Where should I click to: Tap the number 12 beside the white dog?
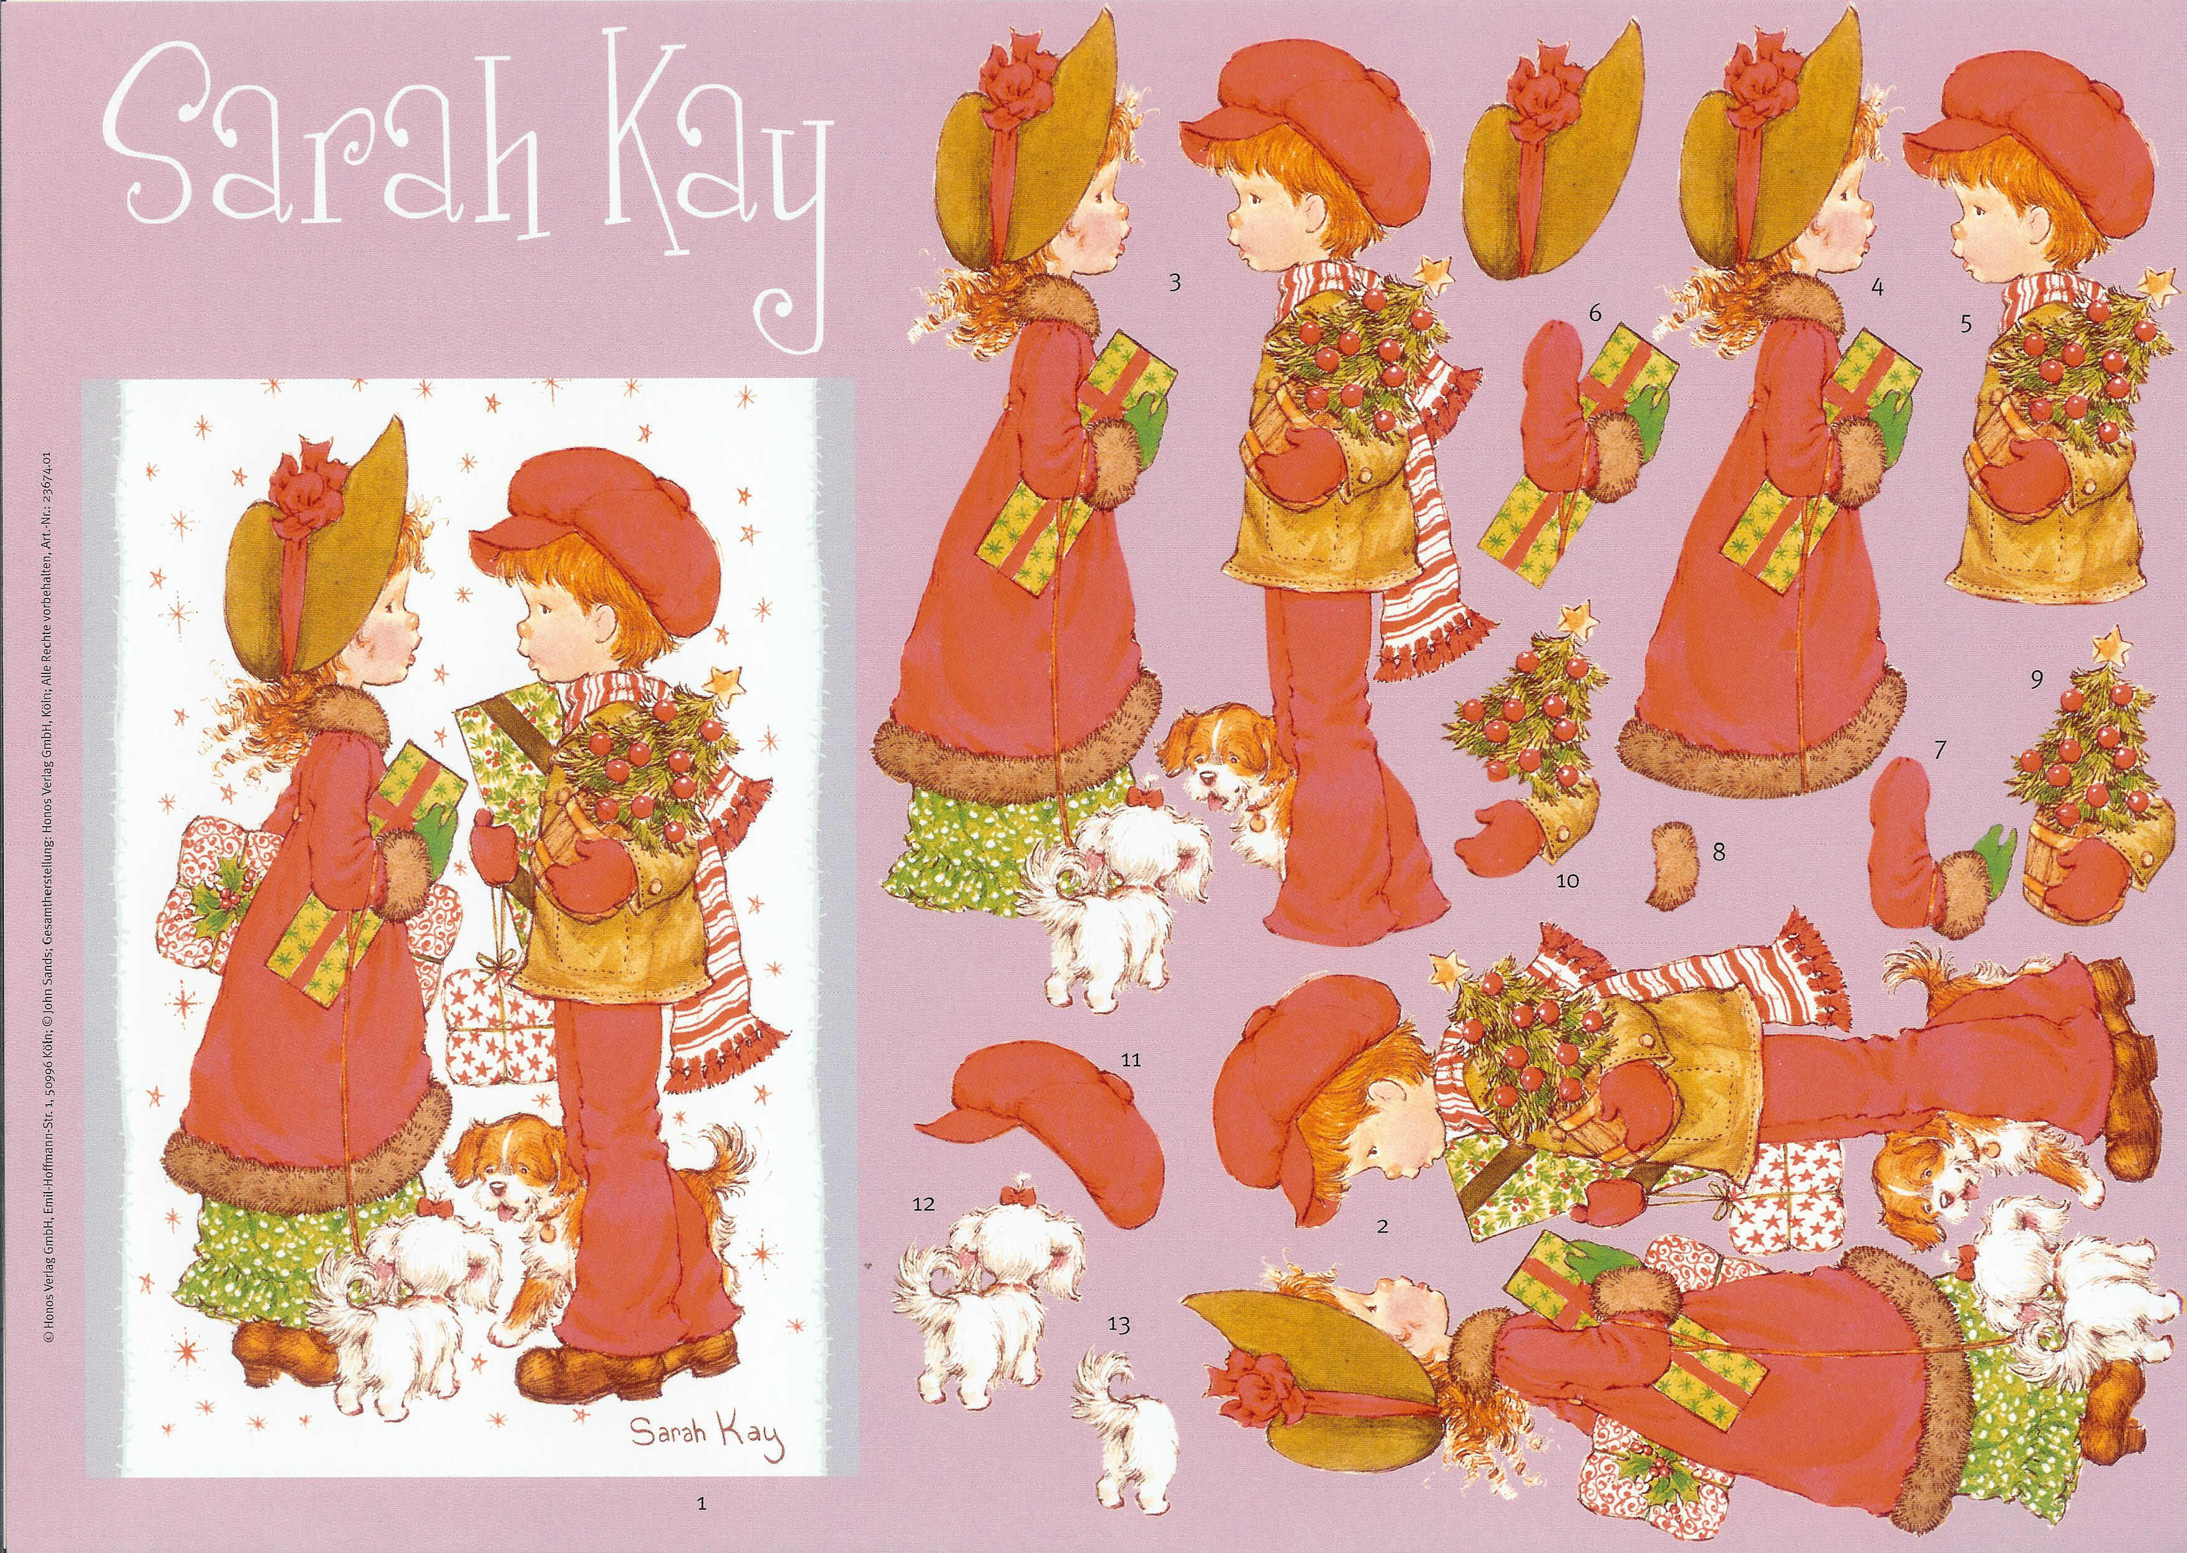pos(923,1205)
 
